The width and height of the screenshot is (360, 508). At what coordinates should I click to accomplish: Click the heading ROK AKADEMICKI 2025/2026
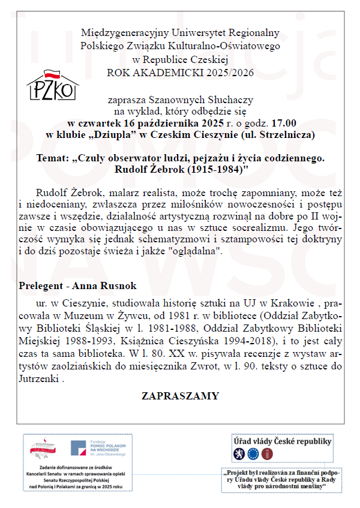pyautogui.click(x=180, y=73)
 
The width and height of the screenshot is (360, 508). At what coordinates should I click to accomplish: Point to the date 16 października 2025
pyautogui.click(x=163, y=123)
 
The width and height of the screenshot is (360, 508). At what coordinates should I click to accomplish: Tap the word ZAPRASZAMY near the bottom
pyautogui.click(x=180, y=396)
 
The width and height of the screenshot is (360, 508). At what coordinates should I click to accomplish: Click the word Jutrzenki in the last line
pyautogui.click(x=40, y=379)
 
